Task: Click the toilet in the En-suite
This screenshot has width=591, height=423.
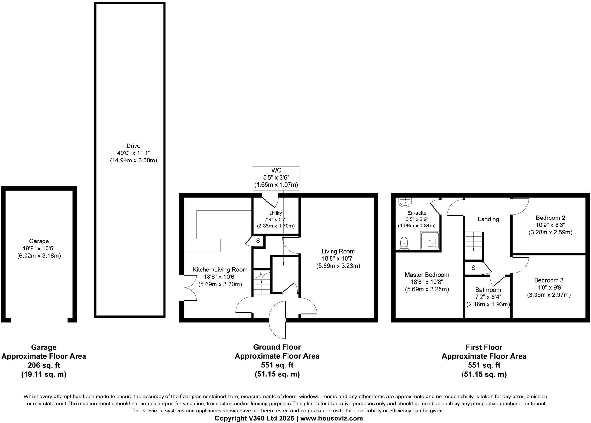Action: [404, 243]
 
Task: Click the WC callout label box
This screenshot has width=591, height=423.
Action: [276, 178]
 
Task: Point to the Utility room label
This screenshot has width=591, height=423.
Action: [275, 213]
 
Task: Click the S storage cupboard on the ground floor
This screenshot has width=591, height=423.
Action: [258, 241]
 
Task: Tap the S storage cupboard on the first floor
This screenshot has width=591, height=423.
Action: [473, 268]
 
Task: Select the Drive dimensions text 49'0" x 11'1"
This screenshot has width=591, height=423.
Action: [133, 153]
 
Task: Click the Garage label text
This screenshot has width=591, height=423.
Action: [39, 241]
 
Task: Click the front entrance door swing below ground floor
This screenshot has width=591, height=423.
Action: [277, 320]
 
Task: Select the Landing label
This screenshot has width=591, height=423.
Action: [488, 219]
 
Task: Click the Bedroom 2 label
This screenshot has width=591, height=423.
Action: [550, 218]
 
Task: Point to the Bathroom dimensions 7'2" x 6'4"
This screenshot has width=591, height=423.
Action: [488, 297]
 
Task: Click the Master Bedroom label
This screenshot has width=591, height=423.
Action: [427, 275]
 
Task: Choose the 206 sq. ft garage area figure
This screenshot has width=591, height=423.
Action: [44, 365]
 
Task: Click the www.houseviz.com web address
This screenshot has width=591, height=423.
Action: [332, 418]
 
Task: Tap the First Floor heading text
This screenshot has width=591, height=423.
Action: [484, 347]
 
